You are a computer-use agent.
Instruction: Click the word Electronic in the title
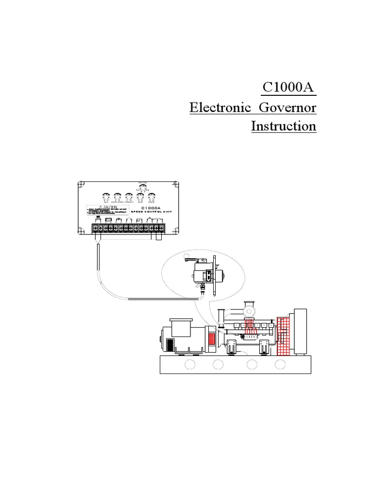click(220, 107)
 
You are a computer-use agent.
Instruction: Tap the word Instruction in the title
click(284, 126)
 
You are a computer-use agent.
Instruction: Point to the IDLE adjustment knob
click(105, 197)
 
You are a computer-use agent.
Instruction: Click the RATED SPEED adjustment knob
click(117, 197)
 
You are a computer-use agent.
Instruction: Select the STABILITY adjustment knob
click(129, 197)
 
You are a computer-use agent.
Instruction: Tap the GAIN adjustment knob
click(140, 197)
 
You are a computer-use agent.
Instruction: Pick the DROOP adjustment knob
click(152, 197)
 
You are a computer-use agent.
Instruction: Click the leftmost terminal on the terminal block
click(94, 227)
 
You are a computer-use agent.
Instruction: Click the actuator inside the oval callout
click(204, 274)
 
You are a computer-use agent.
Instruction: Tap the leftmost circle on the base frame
click(190, 364)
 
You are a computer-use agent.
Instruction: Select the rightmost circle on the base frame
click(280, 364)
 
